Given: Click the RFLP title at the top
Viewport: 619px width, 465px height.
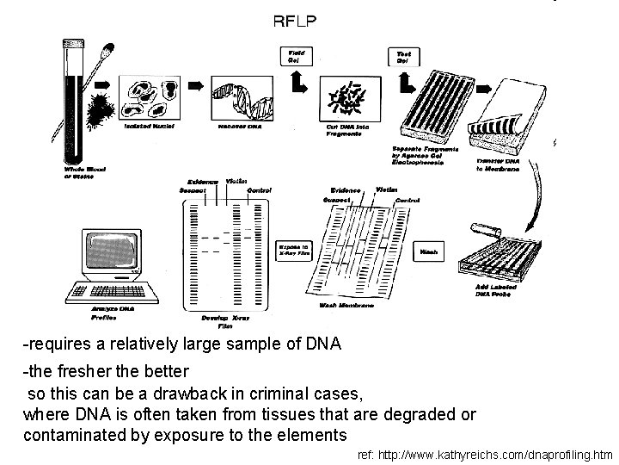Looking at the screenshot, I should [x=296, y=22].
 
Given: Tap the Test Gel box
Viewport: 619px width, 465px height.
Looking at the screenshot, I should [x=402, y=57].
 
